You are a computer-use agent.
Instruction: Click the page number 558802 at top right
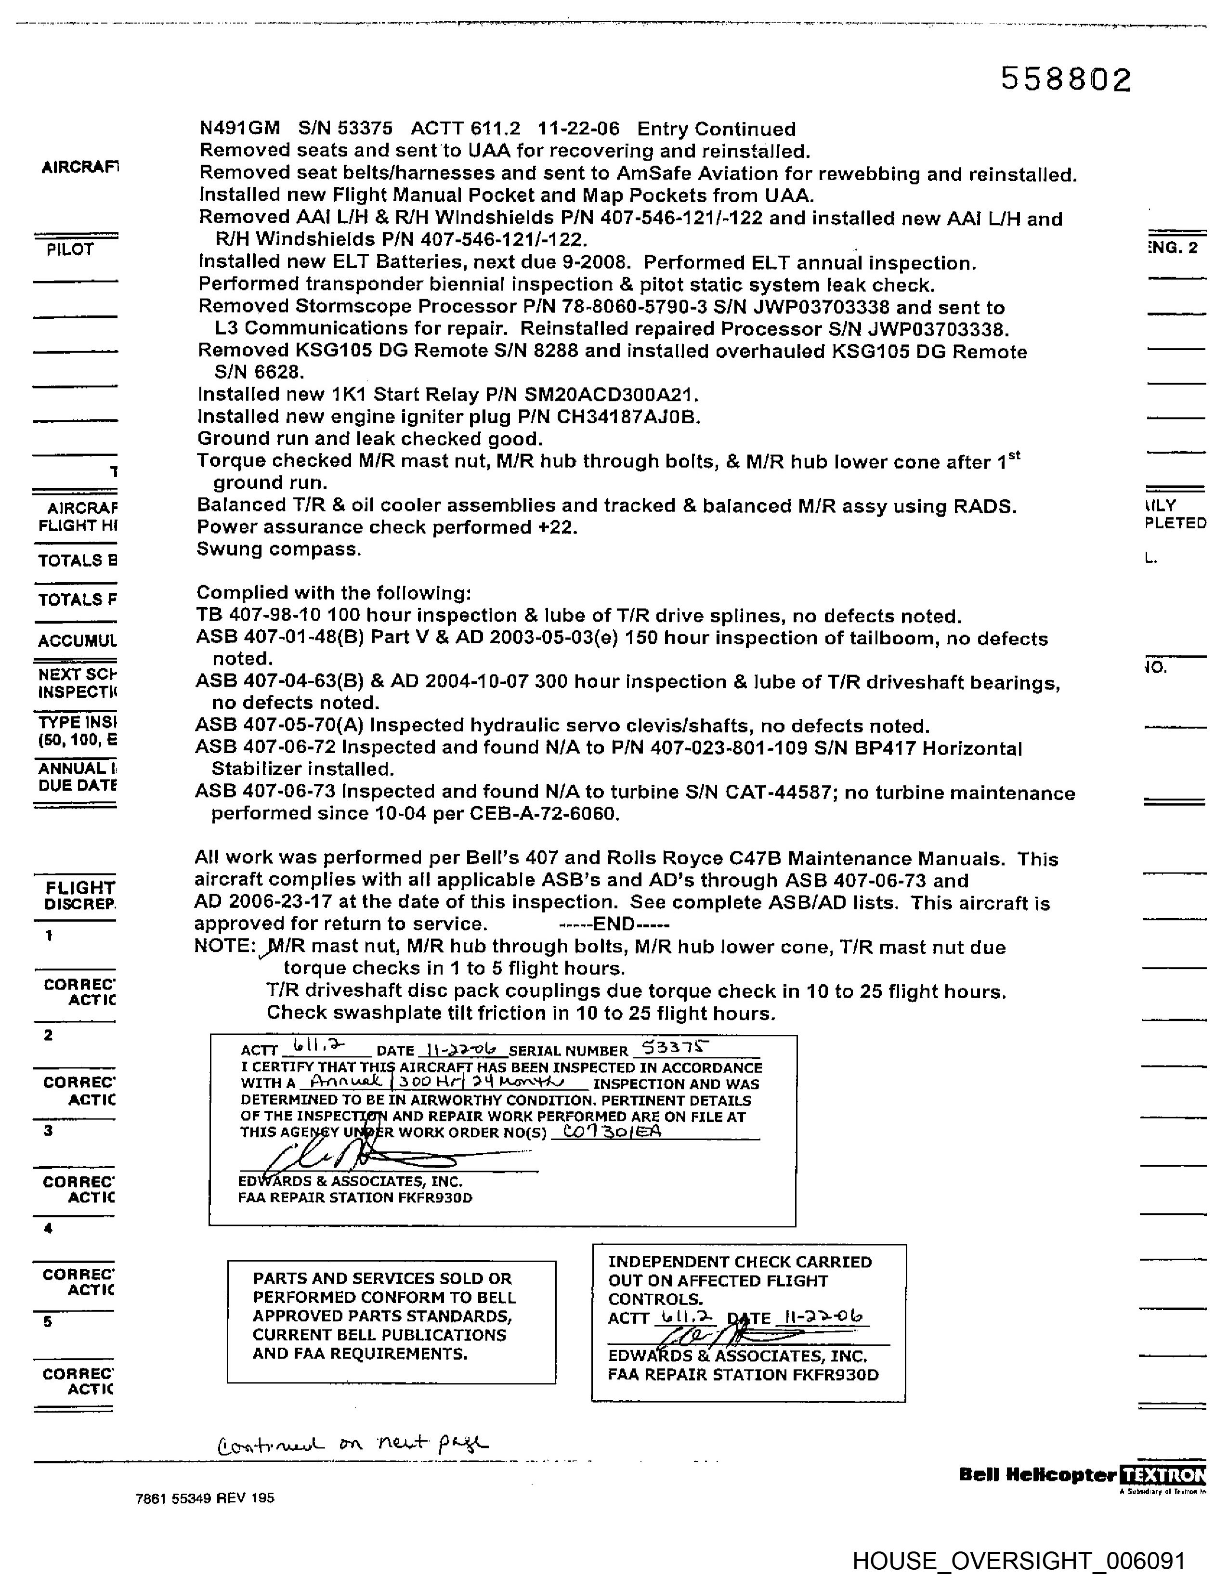pos(1066,79)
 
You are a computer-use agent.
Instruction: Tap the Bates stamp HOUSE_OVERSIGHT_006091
pos(1019,1561)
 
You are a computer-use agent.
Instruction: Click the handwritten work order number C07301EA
pos(607,1132)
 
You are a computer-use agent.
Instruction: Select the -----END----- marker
pos(613,925)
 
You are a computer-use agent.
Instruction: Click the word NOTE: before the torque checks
pos(223,947)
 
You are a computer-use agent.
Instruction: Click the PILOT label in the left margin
pos(70,249)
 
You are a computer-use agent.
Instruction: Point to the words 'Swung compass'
pos(279,549)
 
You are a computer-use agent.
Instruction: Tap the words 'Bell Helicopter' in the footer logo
pos(1037,1475)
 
